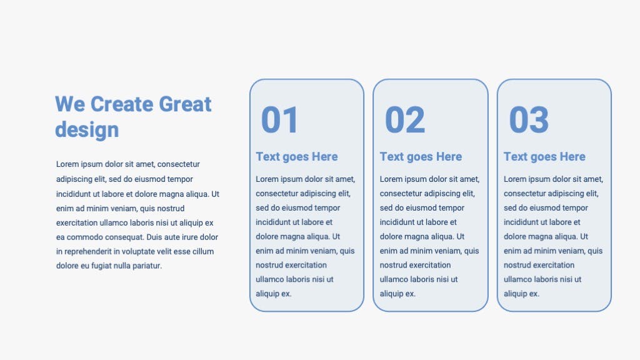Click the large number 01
[x=279, y=119]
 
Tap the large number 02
[x=405, y=119]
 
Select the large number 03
[x=529, y=119]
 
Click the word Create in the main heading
[x=122, y=104]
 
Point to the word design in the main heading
[x=87, y=130]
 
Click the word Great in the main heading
[x=185, y=104]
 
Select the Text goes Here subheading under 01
[x=297, y=157]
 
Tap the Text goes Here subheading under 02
[x=421, y=157]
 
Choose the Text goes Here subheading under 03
[x=544, y=157]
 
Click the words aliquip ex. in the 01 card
[x=274, y=294]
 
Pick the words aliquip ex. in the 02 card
[x=397, y=294]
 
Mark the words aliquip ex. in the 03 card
[x=521, y=294]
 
